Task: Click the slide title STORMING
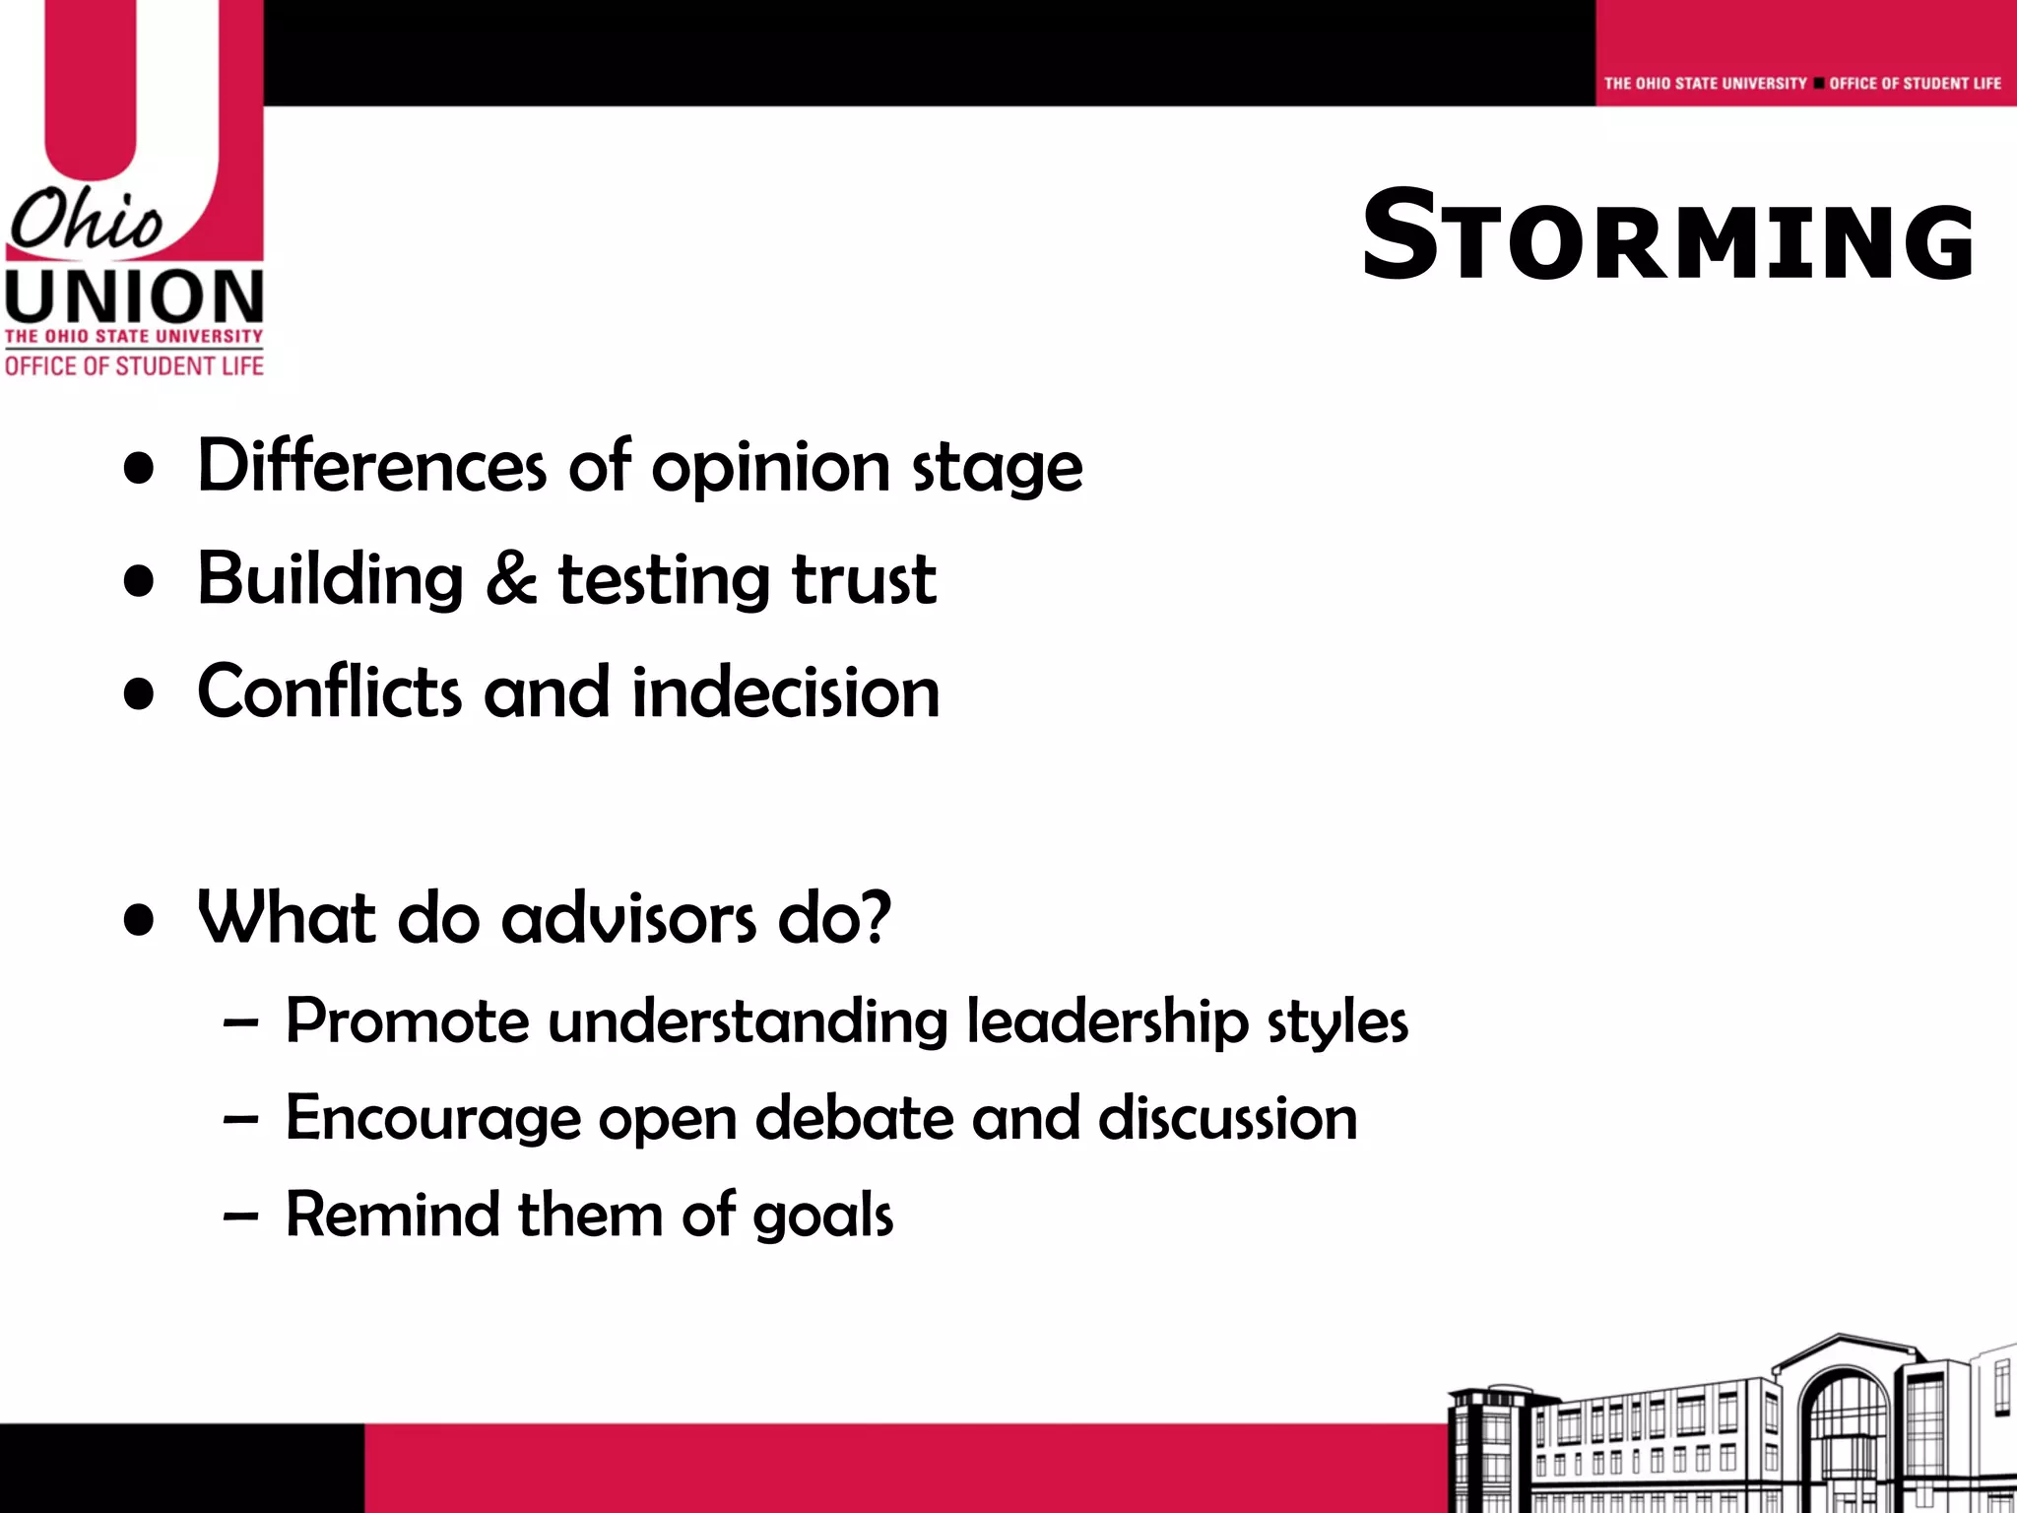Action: [1667, 236]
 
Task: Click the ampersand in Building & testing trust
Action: [510, 578]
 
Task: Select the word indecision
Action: [785, 691]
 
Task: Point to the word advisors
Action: [629, 918]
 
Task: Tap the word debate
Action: [854, 1118]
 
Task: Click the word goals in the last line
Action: [822, 1216]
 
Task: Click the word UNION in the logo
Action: [134, 296]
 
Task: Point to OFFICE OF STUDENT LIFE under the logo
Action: [134, 366]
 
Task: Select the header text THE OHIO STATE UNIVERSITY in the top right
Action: [1705, 84]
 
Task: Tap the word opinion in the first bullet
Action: [770, 467]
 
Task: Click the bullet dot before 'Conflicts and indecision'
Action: [140, 693]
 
